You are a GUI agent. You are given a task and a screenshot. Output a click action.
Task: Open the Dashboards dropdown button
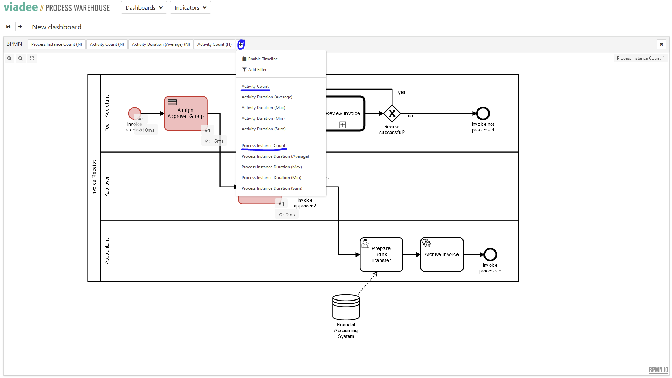click(x=144, y=7)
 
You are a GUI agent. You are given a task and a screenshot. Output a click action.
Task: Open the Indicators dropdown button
click(x=190, y=7)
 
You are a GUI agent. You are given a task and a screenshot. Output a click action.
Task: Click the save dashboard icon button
click(x=9, y=27)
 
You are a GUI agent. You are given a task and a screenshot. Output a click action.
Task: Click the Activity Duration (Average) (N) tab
click(x=161, y=44)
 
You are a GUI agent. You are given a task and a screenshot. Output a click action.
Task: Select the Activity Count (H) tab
click(x=214, y=44)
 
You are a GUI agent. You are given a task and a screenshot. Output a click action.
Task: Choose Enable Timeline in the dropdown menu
click(x=263, y=59)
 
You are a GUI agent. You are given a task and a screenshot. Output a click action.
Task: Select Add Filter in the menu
click(x=257, y=70)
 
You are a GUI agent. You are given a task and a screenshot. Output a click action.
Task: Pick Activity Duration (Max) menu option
click(x=263, y=108)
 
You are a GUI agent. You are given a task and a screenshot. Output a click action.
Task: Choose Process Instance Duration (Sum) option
click(x=272, y=188)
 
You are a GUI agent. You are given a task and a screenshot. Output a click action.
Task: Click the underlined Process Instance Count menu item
click(x=263, y=146)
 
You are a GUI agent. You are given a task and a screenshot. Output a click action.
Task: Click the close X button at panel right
click(x=661, y=44)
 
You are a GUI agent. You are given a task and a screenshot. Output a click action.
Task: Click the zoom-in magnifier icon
click(x=10, y=59)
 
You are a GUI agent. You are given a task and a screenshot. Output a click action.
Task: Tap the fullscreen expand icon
click(x=32, y=59)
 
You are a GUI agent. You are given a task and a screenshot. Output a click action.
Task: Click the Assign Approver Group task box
click(x=186, y=113)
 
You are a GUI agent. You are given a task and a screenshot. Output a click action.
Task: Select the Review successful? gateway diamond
click(x=392, y=114)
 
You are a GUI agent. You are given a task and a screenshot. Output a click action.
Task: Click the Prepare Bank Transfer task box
click(x=381, y=254)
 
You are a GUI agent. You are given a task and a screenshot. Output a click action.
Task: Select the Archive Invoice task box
click(x=441, y=254)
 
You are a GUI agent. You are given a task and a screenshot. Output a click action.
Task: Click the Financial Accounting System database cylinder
click(x=346, y=307)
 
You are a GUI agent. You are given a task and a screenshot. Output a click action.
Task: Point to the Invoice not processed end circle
click(x=483, y=114)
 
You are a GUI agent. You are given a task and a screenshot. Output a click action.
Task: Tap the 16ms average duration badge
click(x=214, y=141)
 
